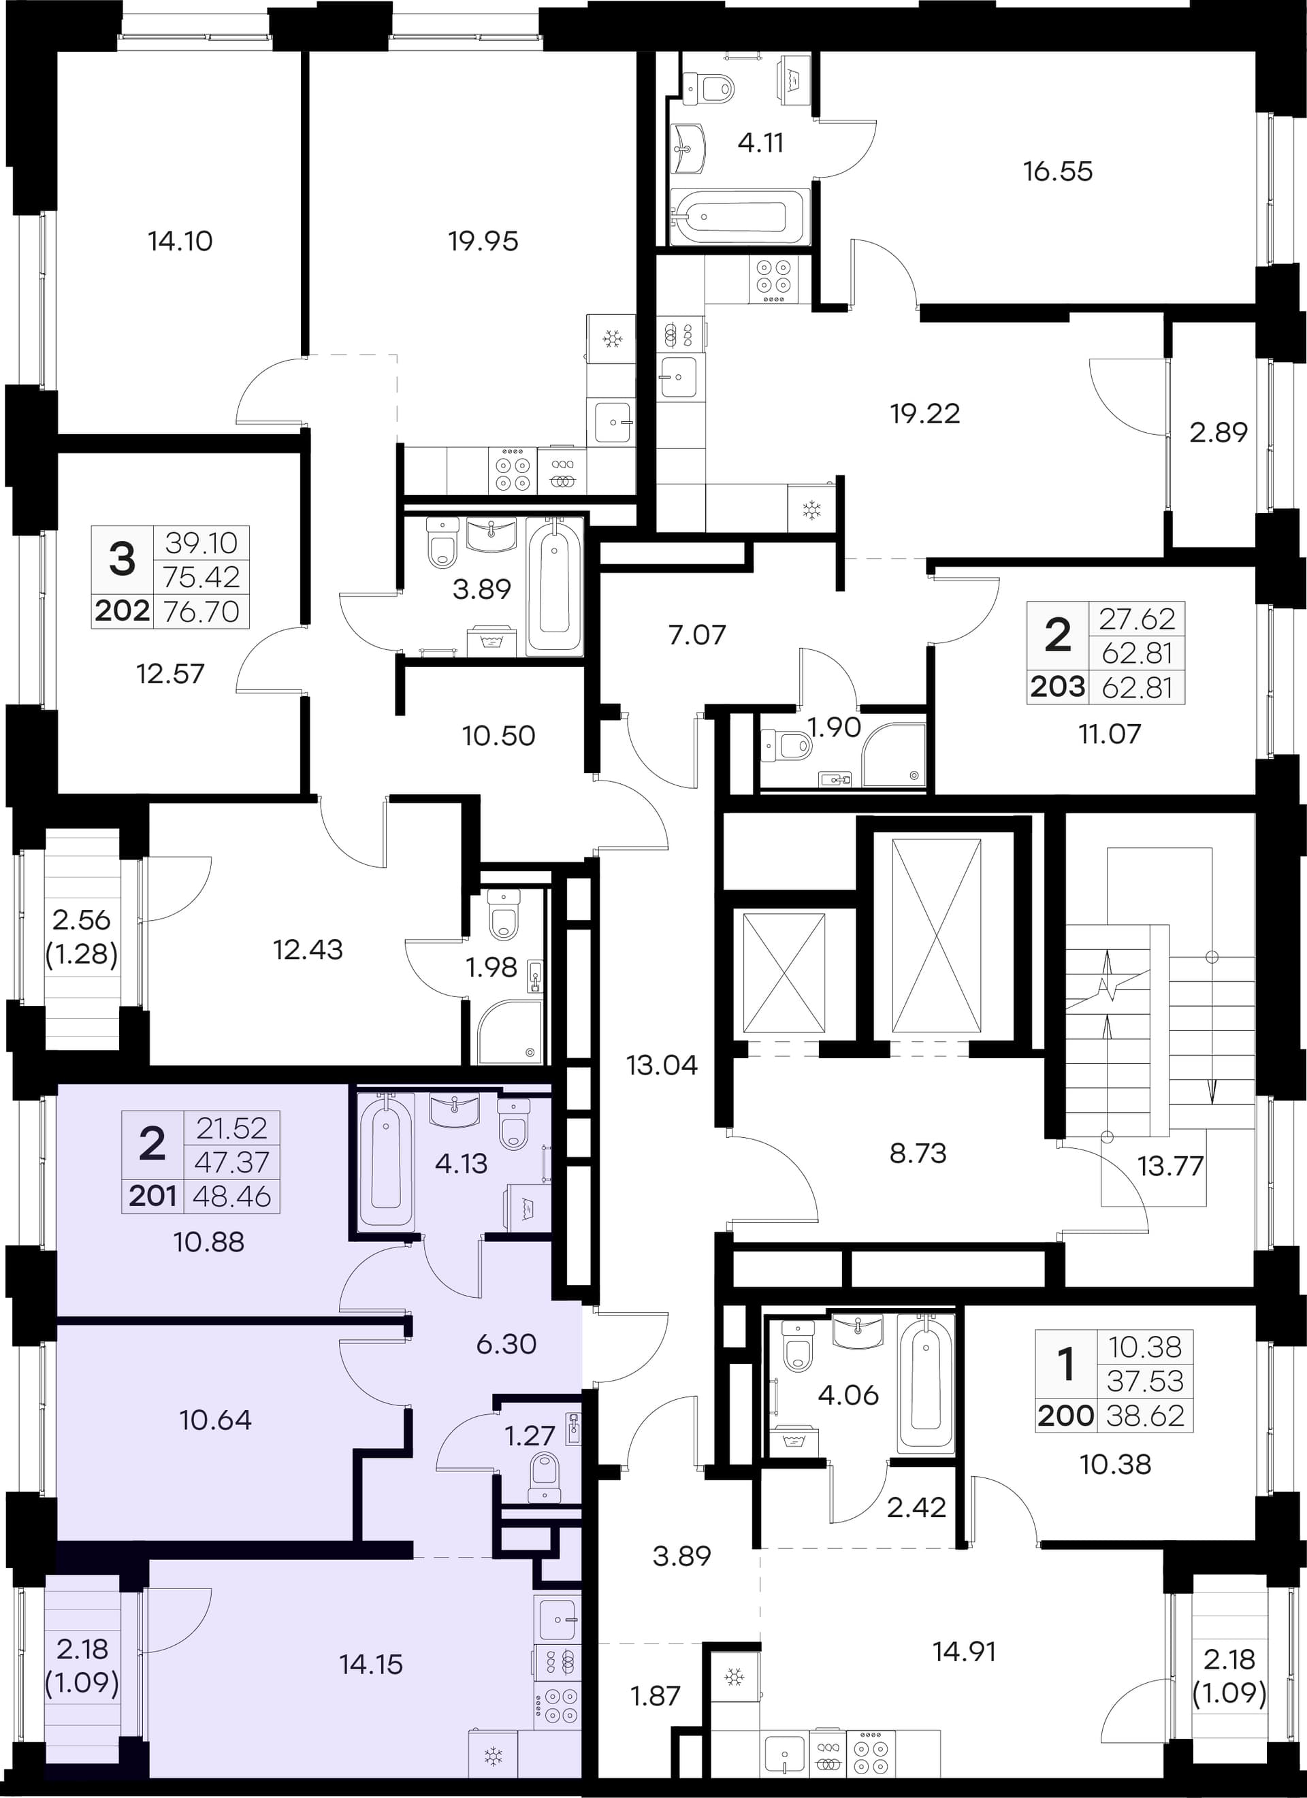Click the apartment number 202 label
pyautogui.click(x=122, y=611)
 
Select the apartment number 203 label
pyautogui.click(x=1058, y=687)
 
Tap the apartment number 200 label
pyautogui.click(x=1066, y=1415)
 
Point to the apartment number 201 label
pyautogui.click(x=152, y=1196)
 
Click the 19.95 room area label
pyautogui.click(x=483, y=241)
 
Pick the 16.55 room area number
pyautogui.click(x=1058, y=171)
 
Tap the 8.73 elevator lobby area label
pyautogui.click(x=918, y=1154)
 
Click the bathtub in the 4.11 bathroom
pyautogui.click(x=739, y=216)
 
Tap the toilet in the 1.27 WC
pyautogui.click(x=545, y=1477)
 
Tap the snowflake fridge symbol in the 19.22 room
pyautogui.click(x=811, y=509)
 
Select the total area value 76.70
pyautogui.click(x=201, y=611)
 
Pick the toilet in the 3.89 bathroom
pyautogui.click(x=442, y=544)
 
